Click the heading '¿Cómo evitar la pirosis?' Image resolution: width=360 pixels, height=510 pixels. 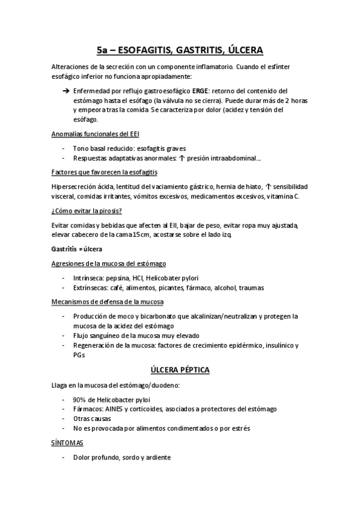tap(87, 211)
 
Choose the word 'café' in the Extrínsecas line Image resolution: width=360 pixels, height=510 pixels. tap(120, 287)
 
